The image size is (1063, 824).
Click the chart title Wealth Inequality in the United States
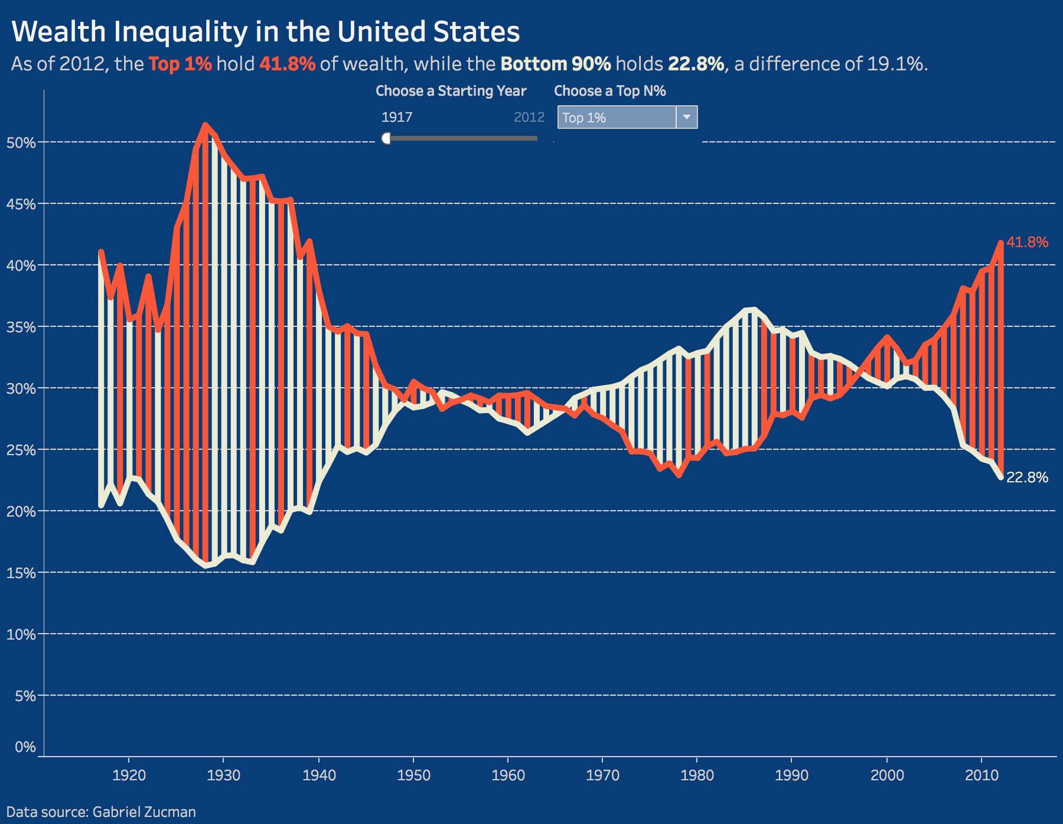pyautogui.click(x=265, y=32)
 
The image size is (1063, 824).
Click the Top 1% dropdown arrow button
pyautogui.click(x=686, y=117)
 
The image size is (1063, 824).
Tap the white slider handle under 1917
pyautogui.click(x=387, y=138)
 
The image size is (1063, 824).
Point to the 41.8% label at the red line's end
pyautogui.click(x=1027, y=242)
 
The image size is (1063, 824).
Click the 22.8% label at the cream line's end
pyautogui.click(x=1027, y=477)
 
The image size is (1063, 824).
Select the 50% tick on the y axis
pyautogui.click(x=21, y=142)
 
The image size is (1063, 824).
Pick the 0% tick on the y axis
pyautogui.click(x=25, y=747)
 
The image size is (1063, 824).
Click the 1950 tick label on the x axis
pyautogui.click(x=413, y=775)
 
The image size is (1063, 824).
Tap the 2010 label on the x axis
pyautogui.click(x=982, y=775)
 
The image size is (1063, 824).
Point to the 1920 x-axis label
pyautogui.click(x=129, y=775)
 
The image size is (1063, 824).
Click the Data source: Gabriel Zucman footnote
pyautogui.click(x=101, y=812)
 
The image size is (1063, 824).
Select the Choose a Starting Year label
pyautogui.click(x=451, y=91)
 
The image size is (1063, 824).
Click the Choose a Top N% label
pyautogui.click(x=609, y=91)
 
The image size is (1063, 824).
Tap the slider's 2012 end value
pyautogui.click(x=529, y=117)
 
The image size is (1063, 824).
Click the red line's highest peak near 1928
pyautogui.click(x=205, y=125)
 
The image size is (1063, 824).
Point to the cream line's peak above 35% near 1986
pyautogui.click(x=750, y=310)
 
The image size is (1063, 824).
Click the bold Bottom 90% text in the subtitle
pyautogui.click(x=556, y=64)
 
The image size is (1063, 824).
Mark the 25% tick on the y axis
pyautogui.click(x=21, y=450)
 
